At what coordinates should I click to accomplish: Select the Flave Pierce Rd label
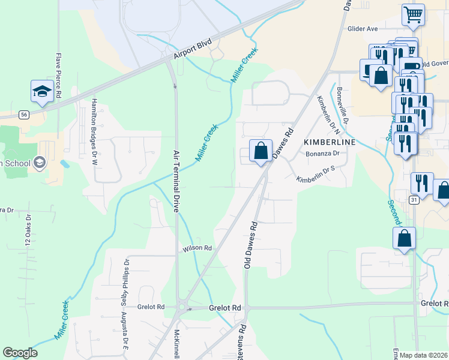click(59, 76)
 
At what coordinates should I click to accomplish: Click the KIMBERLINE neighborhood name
click(330, 142)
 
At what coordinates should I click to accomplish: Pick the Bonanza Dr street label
click(323, 154)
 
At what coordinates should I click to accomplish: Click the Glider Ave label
click(363, 28)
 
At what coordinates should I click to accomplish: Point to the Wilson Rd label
click(199, 248)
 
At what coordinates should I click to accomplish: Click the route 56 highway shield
click(23, 113)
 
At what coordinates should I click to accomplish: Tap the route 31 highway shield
click(414, 200)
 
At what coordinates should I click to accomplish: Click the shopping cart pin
click(413, 14)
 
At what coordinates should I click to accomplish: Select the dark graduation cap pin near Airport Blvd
click(42, 91)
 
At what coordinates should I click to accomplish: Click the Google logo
click(20, 353)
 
